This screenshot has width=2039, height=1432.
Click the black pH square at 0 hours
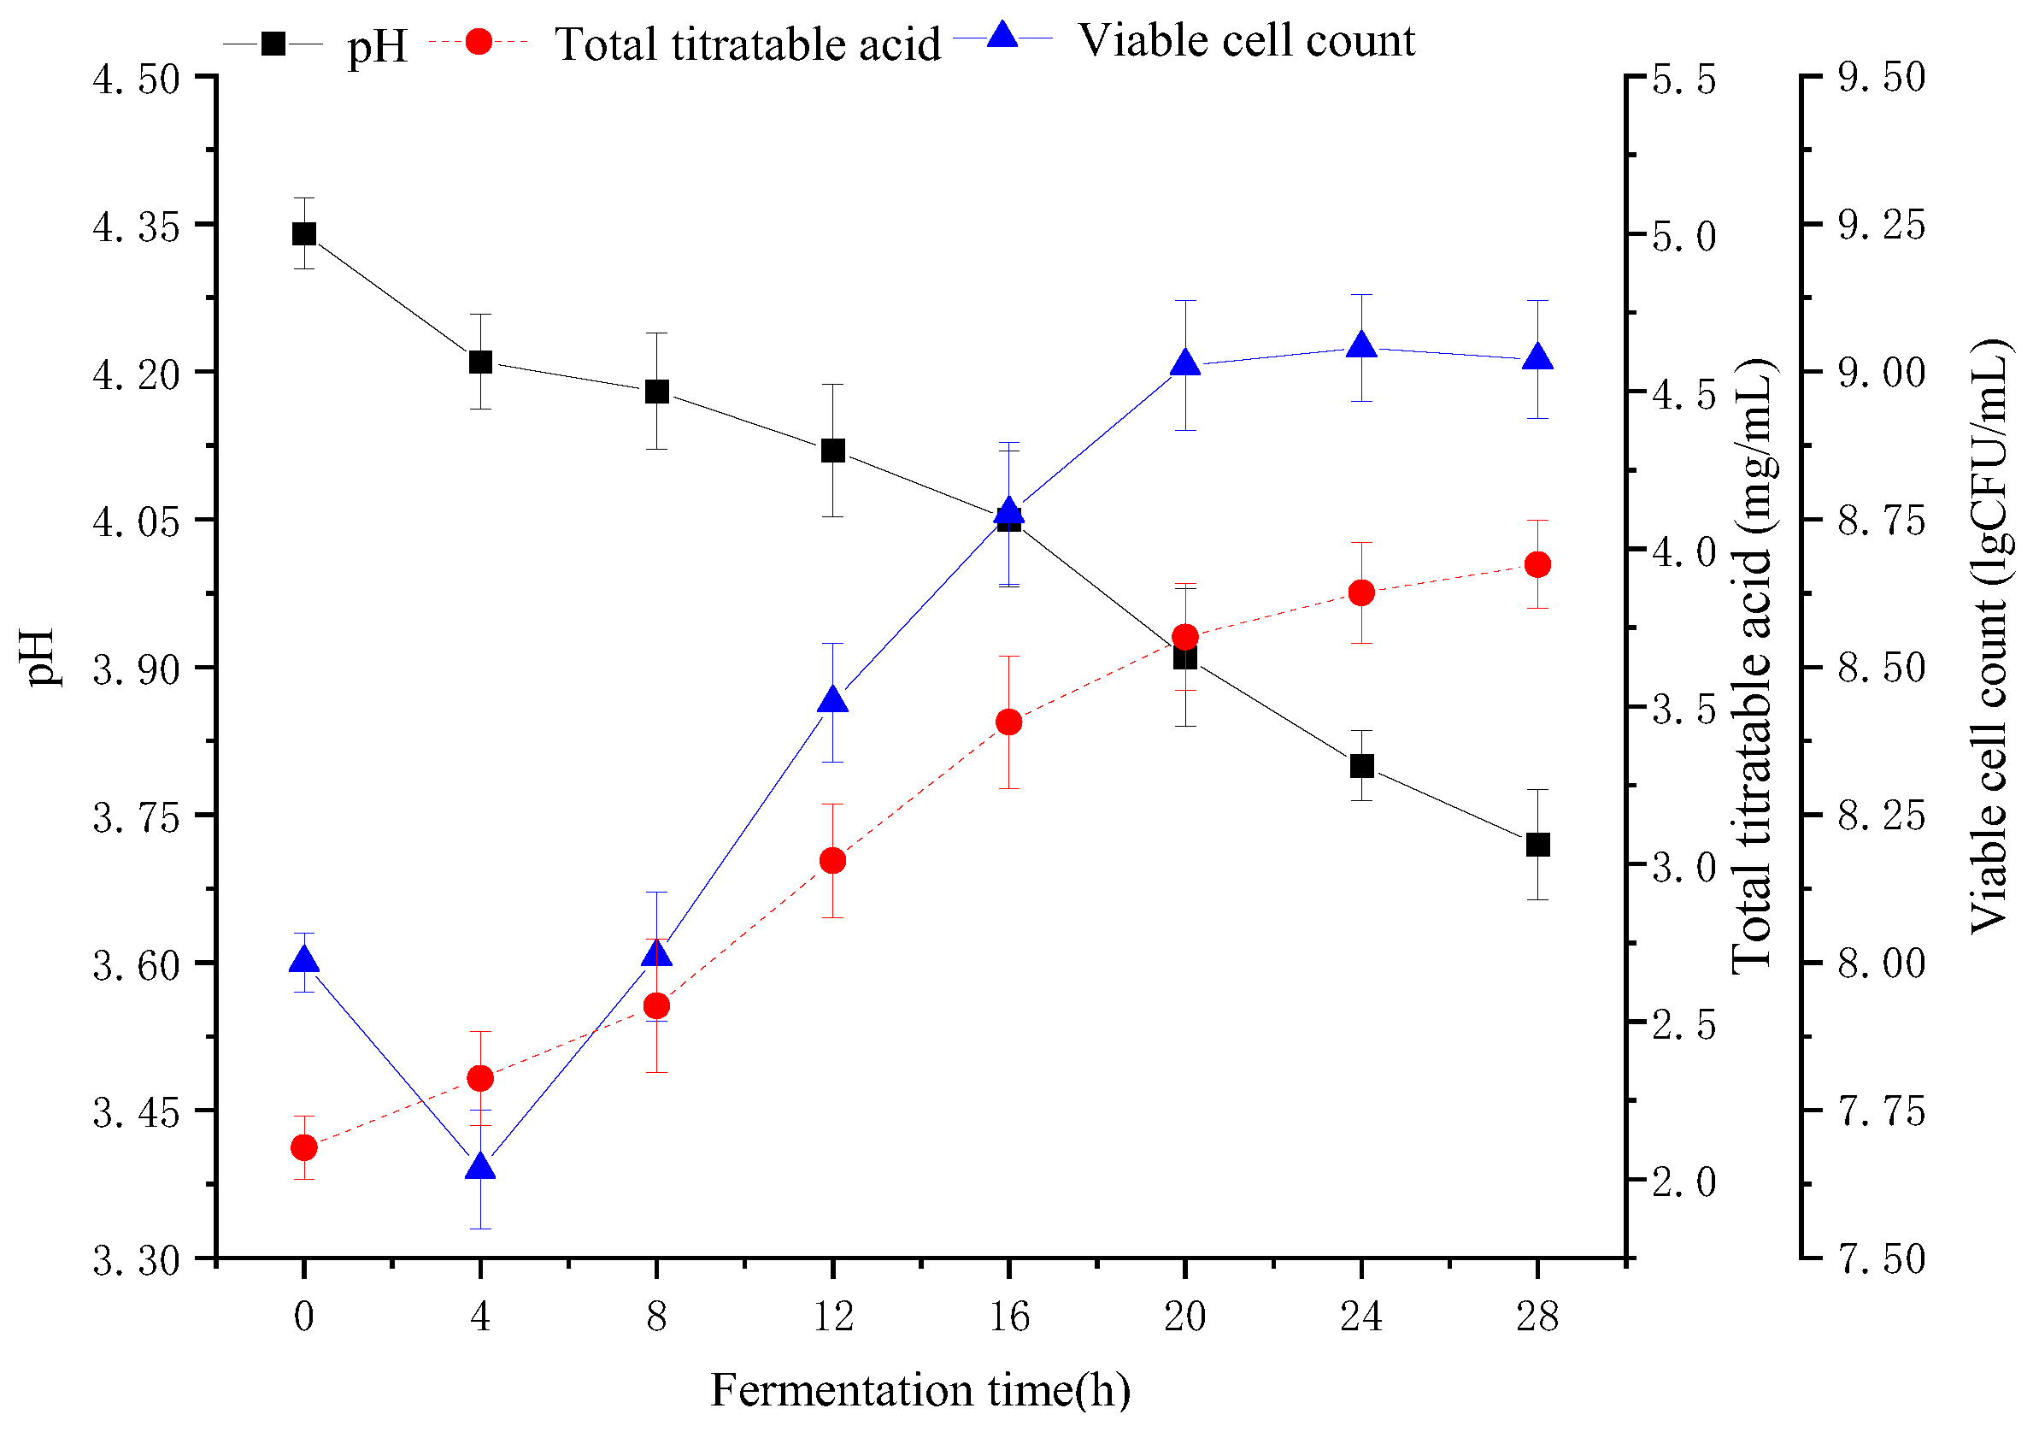[303, 233]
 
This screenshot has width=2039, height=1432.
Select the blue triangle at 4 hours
[480, 1167]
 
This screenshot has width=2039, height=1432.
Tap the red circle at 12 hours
[833, 860]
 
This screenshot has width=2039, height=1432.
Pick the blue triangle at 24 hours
[1361, 346]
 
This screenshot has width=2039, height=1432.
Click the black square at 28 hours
[1537, 844]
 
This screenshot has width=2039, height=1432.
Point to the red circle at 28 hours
[1537, 564]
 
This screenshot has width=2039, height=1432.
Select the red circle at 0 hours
[303, 1147]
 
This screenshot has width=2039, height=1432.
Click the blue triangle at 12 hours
[833, 700]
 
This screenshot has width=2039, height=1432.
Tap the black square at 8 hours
[656, 391]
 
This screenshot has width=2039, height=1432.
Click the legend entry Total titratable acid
[747, 44]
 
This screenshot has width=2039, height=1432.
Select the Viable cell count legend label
[1246, 41]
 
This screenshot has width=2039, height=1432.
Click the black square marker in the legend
[273, 43]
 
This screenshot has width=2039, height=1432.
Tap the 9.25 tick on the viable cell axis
[1881, 226]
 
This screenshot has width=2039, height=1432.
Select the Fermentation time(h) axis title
[920, 1390]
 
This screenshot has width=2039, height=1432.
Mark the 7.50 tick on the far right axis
[1881, 1258]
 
